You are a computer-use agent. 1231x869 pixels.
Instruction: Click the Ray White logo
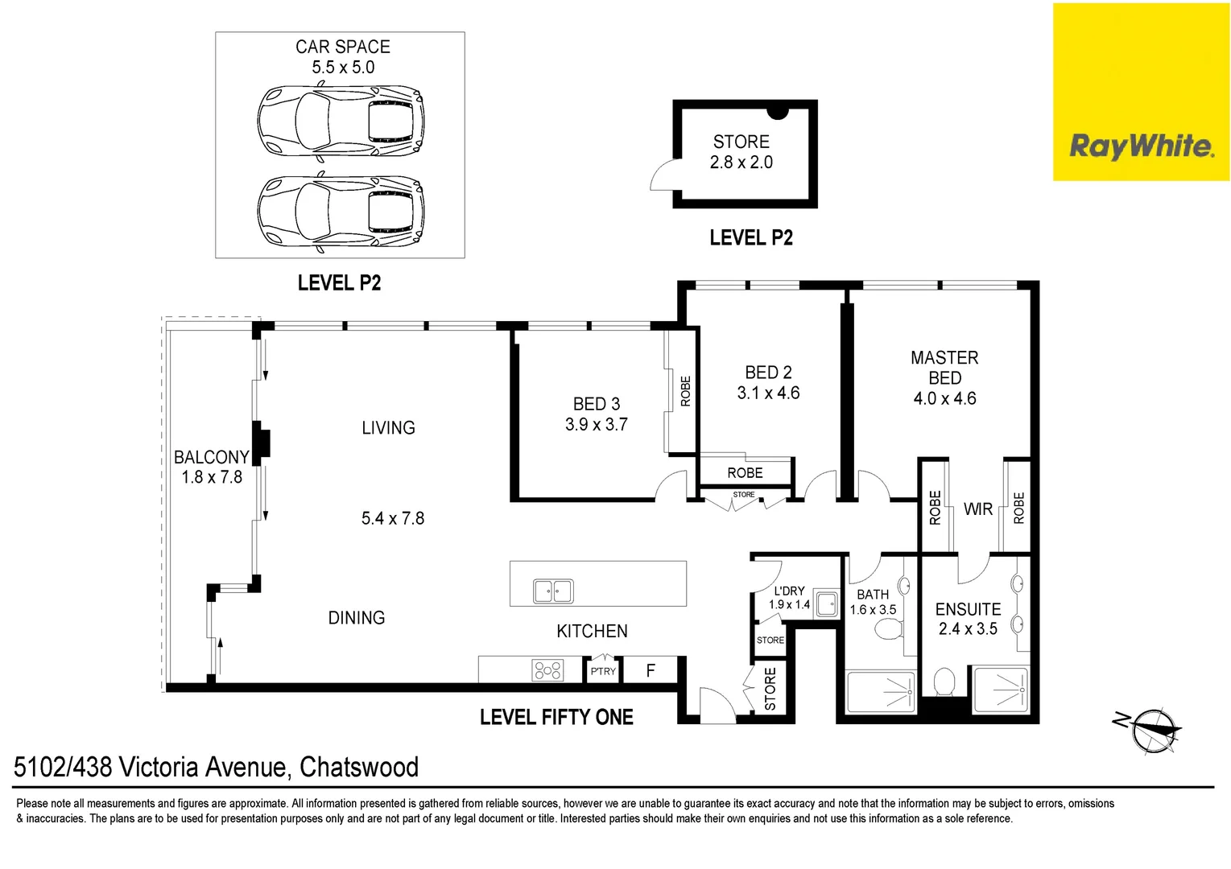pos(1141,146)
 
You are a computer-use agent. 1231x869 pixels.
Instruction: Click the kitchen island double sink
pos(553,591)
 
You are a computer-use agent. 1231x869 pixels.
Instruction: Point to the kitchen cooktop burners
pos(547,669)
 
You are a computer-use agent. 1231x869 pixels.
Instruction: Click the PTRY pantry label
pos(603,671)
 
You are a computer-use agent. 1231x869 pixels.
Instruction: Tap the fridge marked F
pos(651,670)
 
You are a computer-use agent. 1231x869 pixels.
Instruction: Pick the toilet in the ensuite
pos(944,682)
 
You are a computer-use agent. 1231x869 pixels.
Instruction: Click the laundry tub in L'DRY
pos(826,603)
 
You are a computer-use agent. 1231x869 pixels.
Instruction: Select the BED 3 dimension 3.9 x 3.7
pos(596,425)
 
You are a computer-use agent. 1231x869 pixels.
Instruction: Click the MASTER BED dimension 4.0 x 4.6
pos(944,398)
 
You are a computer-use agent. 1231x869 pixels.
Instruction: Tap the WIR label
pos(977,509)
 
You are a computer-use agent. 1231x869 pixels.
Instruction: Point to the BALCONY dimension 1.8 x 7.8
pos(212,477)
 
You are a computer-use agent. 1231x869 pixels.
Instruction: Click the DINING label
pos(357,618)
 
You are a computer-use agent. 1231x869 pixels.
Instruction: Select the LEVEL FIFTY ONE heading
pos(556,717)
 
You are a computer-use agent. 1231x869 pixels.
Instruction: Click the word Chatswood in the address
pos(359,767)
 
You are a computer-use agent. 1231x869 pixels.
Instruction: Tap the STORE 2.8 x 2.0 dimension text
pos(741,163)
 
